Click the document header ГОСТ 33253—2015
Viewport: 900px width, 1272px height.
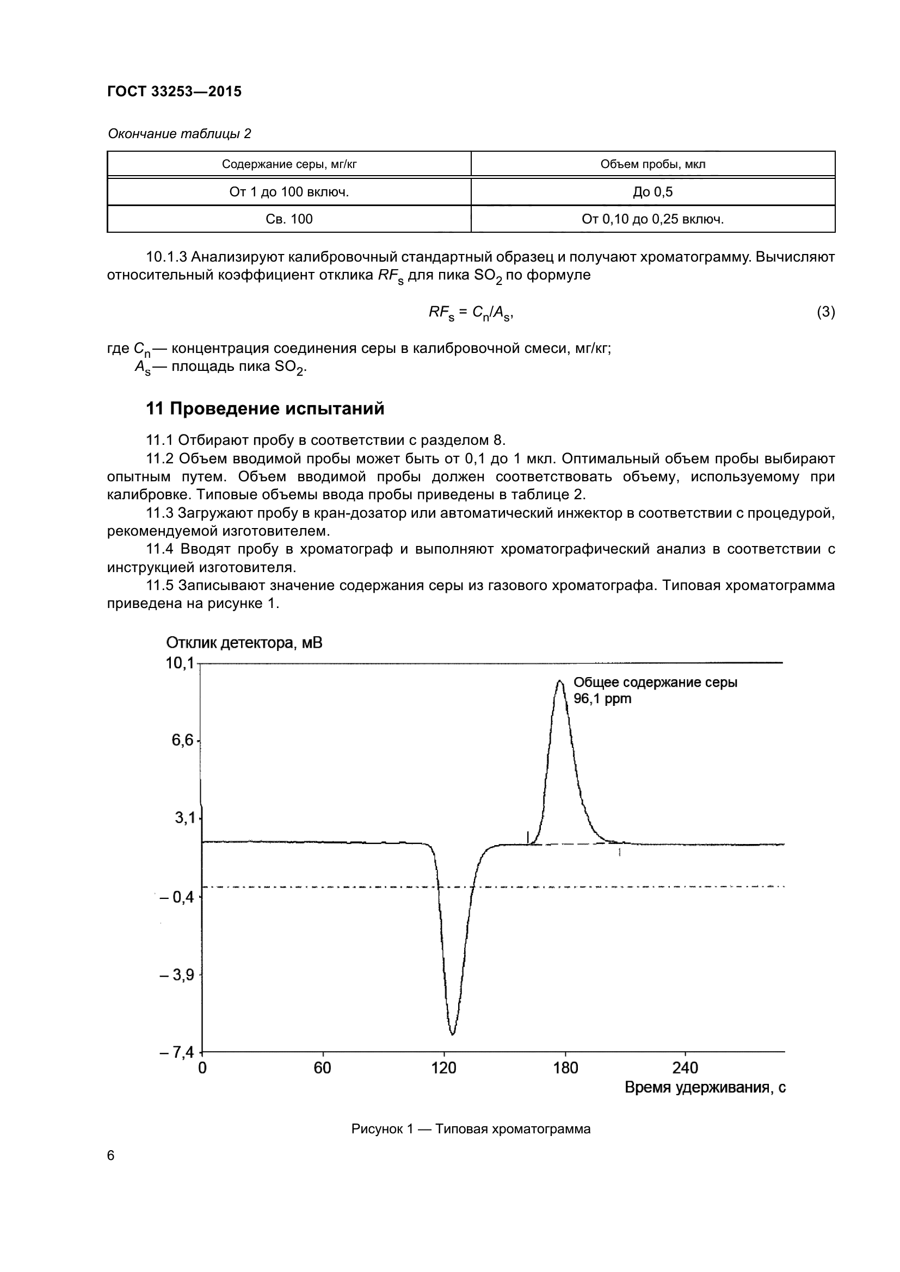[x=175, y=91]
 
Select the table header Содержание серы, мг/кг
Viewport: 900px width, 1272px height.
[x=289, y=164]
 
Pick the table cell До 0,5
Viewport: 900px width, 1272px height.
[x=653, y=191]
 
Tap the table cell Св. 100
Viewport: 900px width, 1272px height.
[x=289, y=219]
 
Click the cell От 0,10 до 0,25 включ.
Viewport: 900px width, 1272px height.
[x=653, y=219]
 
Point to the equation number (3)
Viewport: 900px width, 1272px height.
[x=825, y=312]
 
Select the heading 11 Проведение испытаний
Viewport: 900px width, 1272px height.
[x=265, y=408]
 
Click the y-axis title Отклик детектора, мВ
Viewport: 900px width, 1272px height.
[x=244, y=643]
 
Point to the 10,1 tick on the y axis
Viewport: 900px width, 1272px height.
[x=180, y=662]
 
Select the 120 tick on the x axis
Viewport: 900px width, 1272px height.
[x=443, y=1068]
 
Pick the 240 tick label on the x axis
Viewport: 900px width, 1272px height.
[x=686, y=1068]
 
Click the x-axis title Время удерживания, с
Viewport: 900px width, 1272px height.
[x=705, y=1088]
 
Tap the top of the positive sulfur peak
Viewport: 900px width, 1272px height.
[x=560, y=681]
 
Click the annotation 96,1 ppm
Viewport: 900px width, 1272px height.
[x=602, y=699]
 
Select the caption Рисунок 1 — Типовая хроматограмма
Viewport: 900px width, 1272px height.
[x=471, y=1128]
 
